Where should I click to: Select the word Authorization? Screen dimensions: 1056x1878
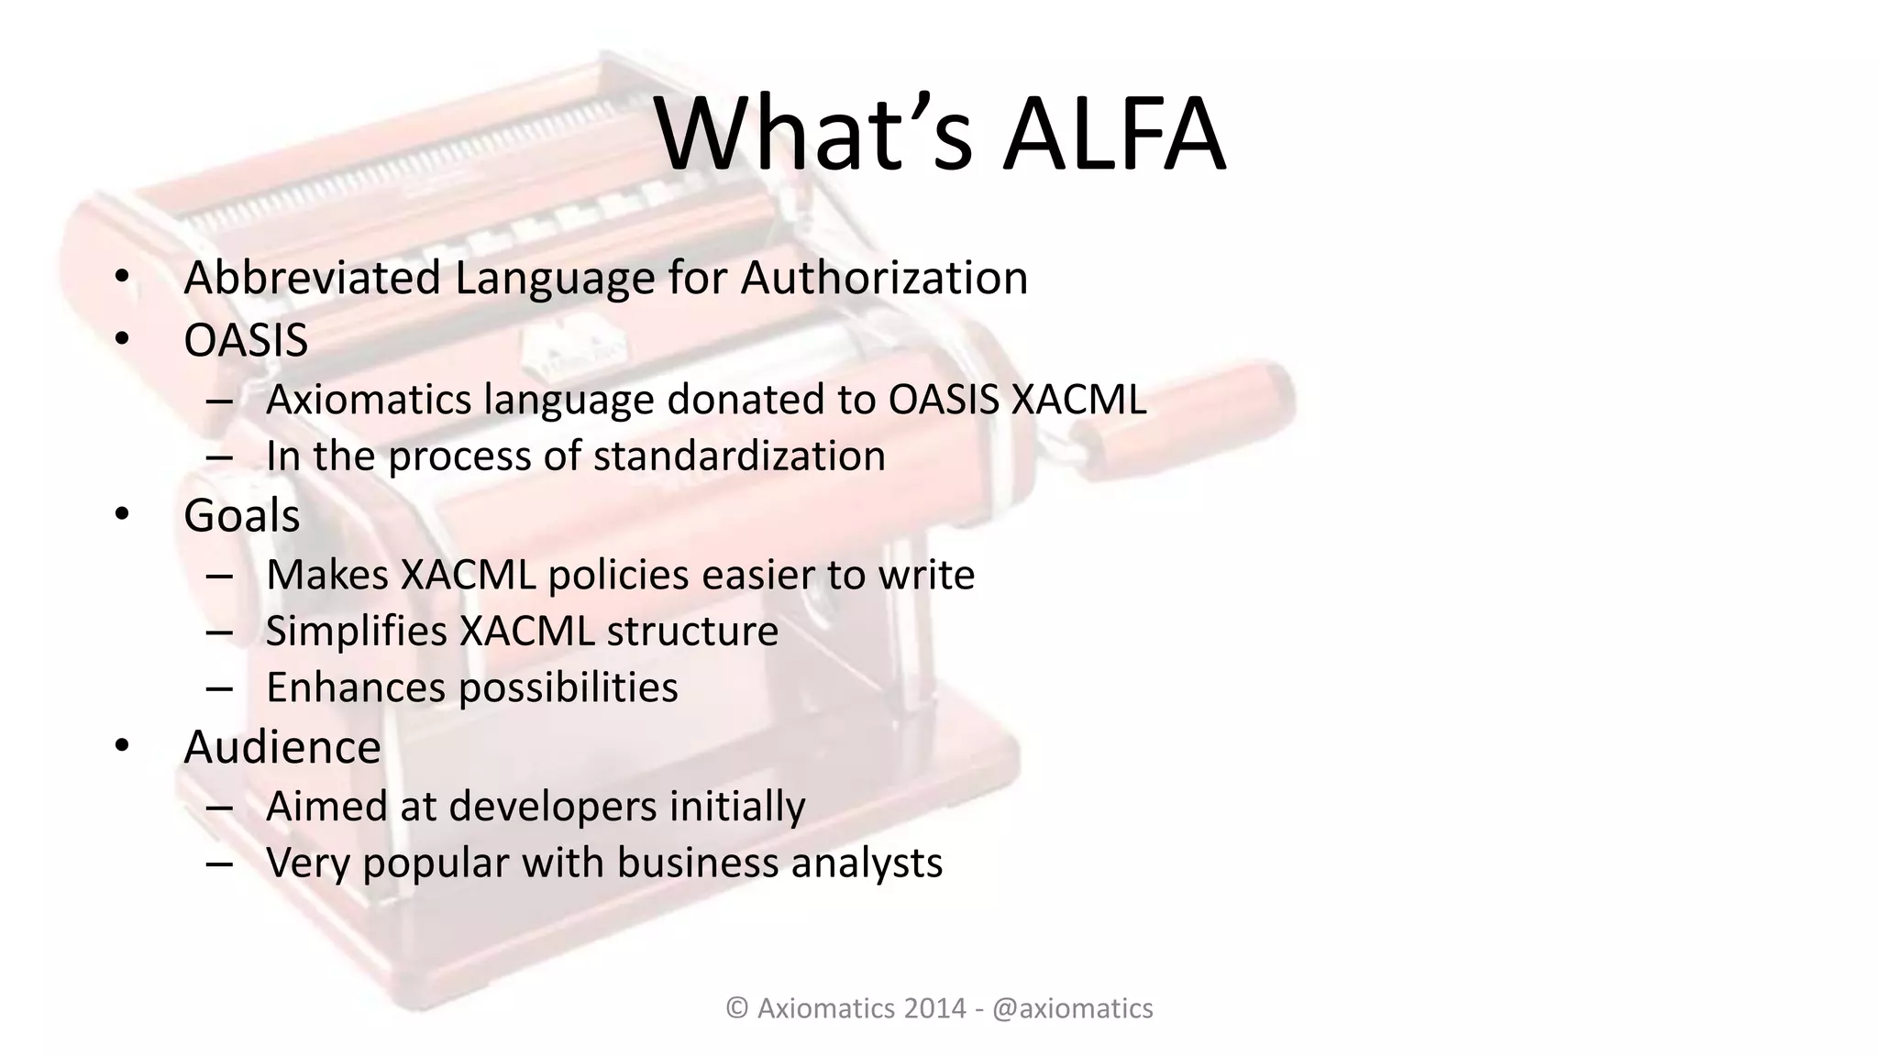(x=884, y=278)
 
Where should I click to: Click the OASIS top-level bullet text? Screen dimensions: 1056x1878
(x=246, y=341)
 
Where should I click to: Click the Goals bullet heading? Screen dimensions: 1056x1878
(x=241, y=516)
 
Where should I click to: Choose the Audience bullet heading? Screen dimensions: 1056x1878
(x=282, y=748)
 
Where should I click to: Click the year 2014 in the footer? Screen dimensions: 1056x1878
(x=934, y=1008)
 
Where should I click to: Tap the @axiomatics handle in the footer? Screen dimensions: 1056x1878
(x=1072, y=1008)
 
